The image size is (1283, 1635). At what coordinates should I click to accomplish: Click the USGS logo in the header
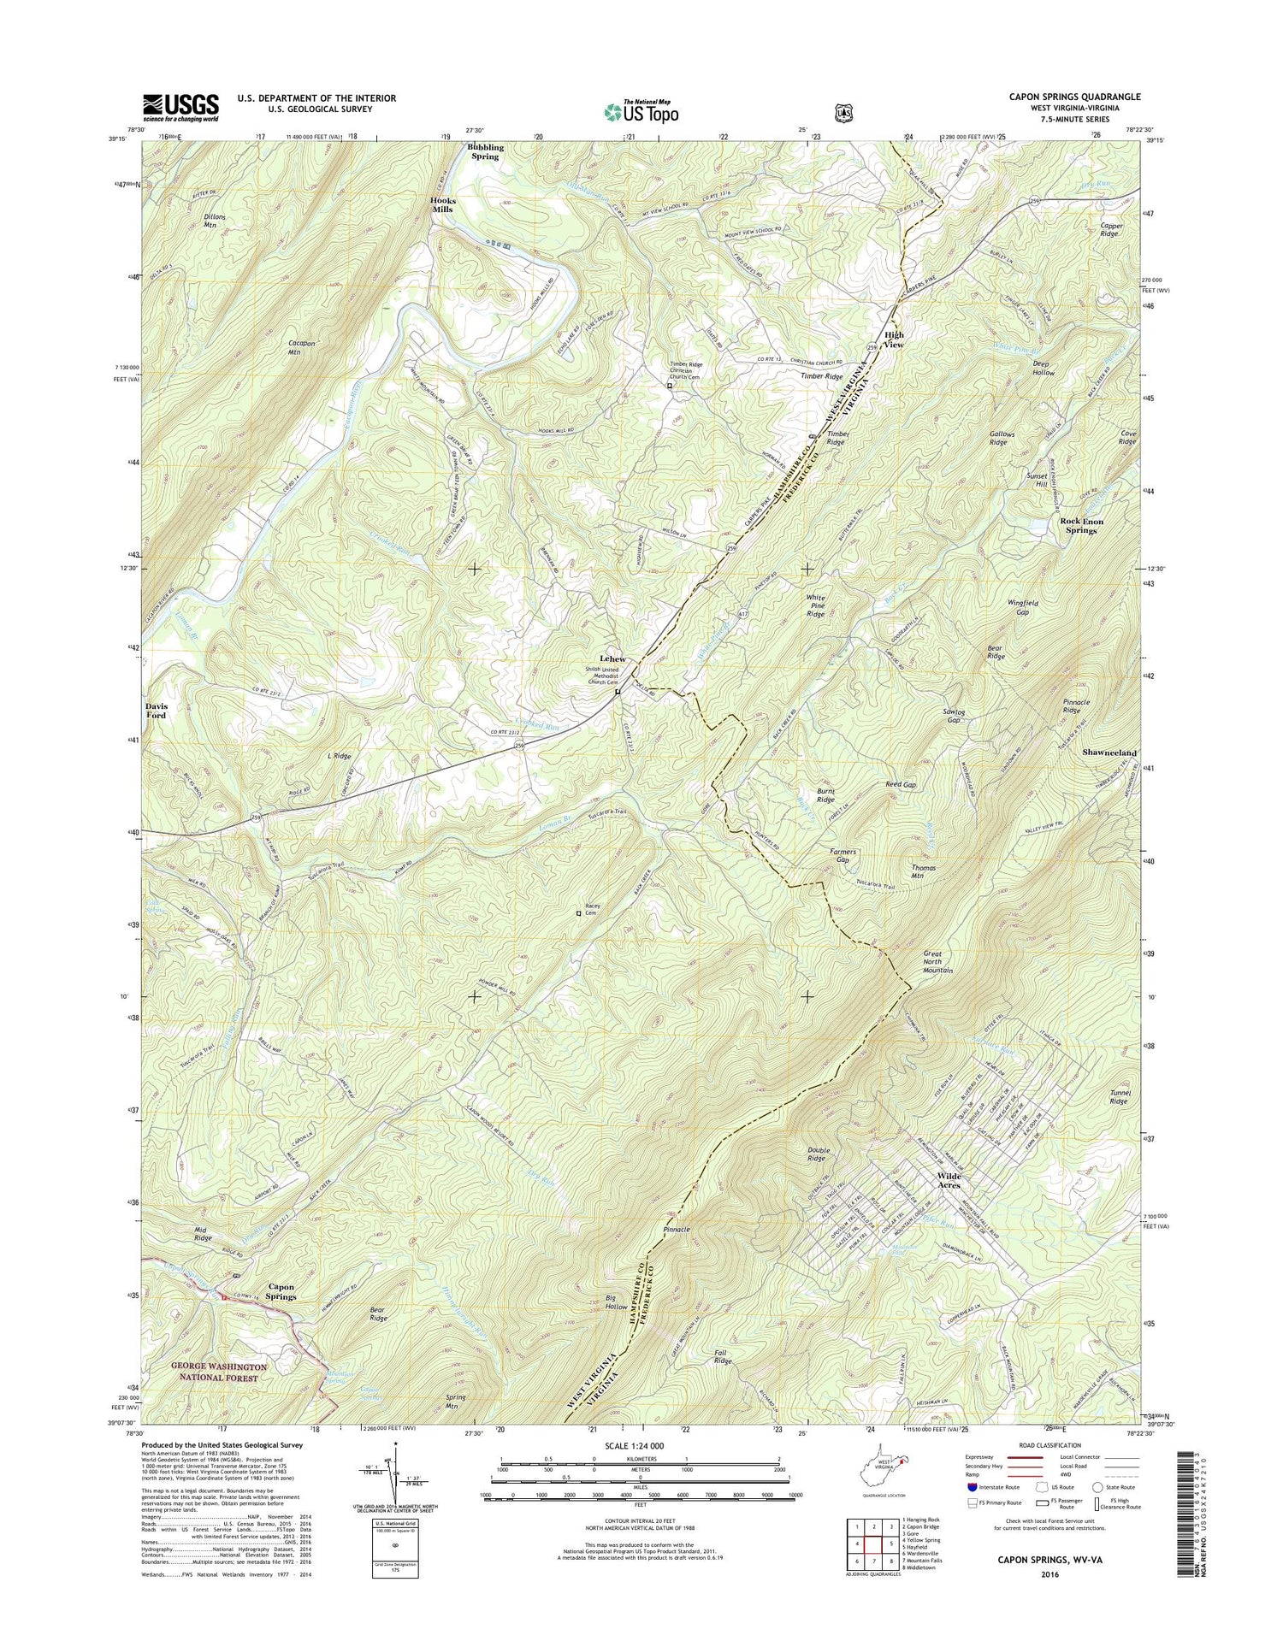tap(180, 108)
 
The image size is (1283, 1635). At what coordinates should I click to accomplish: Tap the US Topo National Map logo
tap(641, 111)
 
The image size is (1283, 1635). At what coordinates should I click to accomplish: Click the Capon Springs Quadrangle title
tap(1074, 97)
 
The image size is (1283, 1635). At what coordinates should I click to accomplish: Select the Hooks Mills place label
tap(443, 205)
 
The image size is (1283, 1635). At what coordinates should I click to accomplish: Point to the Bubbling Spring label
tap(485, 152)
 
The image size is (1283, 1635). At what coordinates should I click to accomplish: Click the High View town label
tap(894, 339)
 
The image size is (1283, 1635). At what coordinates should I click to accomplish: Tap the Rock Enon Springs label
tap(1081, 526)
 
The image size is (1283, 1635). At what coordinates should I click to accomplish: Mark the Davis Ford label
tap(156, 710)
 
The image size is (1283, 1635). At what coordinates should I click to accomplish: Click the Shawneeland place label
tap(1109, 753)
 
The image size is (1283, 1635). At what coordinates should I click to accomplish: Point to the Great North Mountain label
tap(943, 962)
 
